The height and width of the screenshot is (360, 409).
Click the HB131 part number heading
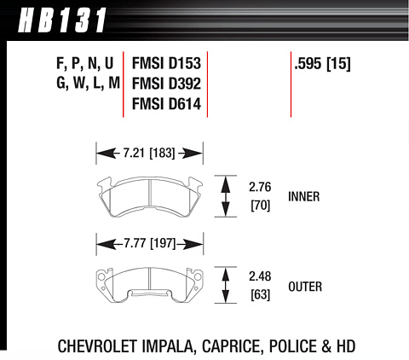[x=62, y=20]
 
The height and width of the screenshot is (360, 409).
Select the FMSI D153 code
[x=166, y=63]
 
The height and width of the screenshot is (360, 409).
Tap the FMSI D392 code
[x=166, y=84]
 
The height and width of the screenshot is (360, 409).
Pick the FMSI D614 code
[x=166, y=104]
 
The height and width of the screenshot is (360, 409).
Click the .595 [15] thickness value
[x=322, y=63]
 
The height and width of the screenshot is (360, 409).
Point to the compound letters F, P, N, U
[x=85, y=64]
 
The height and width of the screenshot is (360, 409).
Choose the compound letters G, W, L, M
[x=88, y=84]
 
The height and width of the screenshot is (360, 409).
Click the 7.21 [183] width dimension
[x=149, y=154]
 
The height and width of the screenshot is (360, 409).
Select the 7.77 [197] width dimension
[x=150, y=243]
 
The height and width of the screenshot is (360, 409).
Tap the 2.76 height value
[x=260, y=187]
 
